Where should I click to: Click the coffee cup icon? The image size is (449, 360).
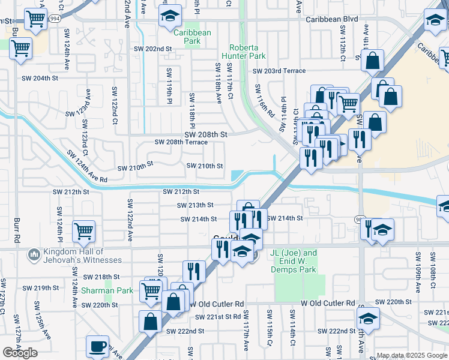coord(98,346)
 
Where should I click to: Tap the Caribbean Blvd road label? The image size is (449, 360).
coord(331,19)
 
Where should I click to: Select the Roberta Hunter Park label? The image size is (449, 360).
coord(247,52)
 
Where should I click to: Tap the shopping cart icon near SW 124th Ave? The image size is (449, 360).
coord(83,231)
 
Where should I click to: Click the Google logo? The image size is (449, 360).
coord(20,353)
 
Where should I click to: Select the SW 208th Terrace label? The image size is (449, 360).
coord(181,142)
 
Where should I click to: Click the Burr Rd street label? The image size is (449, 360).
coord(16,231)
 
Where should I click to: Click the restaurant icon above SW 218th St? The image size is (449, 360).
coord(194,271)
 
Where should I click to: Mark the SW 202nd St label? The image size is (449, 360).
coord(153,49)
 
